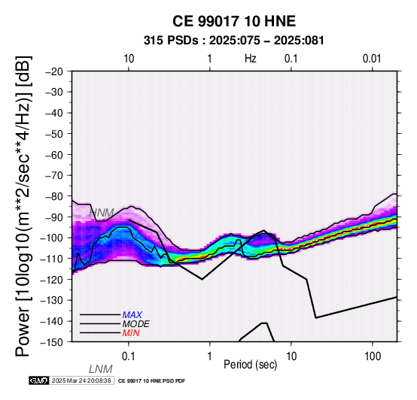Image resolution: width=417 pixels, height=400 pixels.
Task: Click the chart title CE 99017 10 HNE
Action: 234,21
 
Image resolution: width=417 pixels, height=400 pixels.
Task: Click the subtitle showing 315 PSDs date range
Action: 234,41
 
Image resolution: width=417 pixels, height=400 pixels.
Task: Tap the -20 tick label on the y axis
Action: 54,71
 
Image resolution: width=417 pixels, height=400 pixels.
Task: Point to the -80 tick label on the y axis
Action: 54,196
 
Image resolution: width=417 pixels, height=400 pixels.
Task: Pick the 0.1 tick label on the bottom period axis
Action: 129,356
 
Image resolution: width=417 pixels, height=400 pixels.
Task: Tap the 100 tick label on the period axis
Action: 373,356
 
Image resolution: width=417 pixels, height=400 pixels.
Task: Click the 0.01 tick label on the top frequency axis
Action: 372,59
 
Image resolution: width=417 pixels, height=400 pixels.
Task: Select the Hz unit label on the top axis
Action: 251,59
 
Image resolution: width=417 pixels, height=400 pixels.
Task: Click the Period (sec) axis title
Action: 250,365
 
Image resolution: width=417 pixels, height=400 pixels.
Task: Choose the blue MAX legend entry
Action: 132,315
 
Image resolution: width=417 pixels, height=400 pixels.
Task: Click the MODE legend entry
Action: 136,324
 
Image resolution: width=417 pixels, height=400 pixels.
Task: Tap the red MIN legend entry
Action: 131,333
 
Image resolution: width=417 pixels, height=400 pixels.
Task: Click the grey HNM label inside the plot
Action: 102,213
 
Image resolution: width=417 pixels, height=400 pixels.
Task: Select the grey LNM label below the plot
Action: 101,369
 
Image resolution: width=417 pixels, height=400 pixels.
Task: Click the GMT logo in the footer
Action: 39,380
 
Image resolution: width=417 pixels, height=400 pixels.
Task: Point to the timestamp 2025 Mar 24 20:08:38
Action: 81,380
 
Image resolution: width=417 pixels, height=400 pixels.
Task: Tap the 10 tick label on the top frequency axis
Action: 129,59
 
